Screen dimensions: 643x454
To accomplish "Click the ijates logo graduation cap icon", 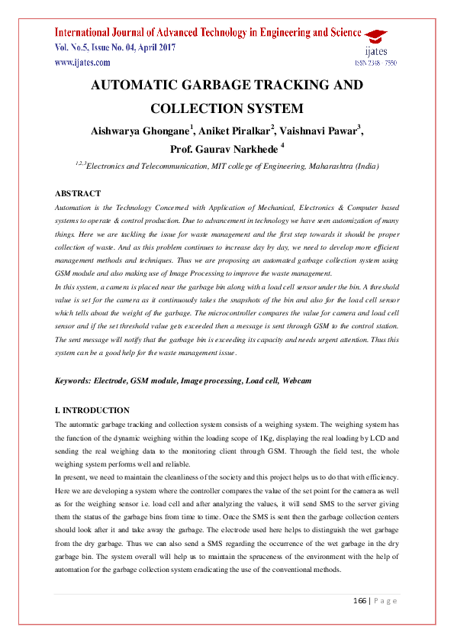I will [x=375, y=36].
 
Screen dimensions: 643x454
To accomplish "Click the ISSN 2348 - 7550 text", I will [x=375, y=63].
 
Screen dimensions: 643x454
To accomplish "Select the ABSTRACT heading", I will [x=79, y=193].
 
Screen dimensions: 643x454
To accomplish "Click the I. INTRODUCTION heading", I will [x=92, y=410].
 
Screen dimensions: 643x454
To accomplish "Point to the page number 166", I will [x=360, y=601].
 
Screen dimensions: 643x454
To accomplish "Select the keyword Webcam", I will [x=296, y=380].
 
